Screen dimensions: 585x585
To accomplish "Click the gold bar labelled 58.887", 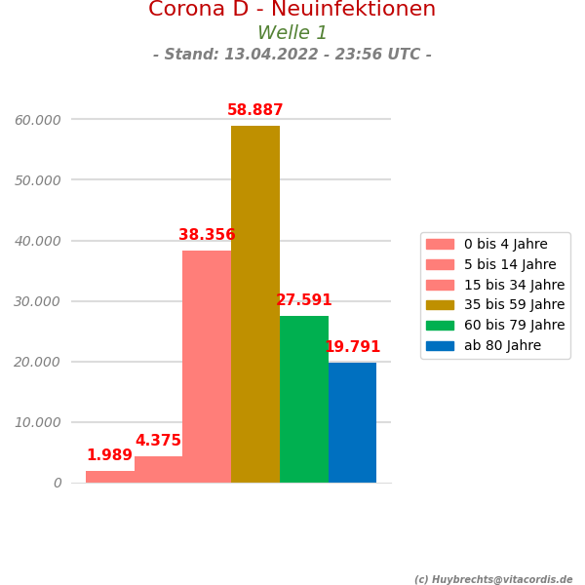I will pyautogui.click(x=255, y=304).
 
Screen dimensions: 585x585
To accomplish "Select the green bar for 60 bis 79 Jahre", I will pyautogui.click(x=304, y=399).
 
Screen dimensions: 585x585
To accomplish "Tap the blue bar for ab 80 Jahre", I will pyautogui.click(x=352, y=422).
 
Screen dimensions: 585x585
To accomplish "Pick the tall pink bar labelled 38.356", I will pyautogui.click(x=207, y=367).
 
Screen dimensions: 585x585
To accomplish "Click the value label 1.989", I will pyautogui.click(x=109, y=455).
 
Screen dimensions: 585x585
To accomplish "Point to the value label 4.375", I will pyautogui.click(x=158, y=441).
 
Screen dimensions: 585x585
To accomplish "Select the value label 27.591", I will pyautogui.click(x=304, y=300).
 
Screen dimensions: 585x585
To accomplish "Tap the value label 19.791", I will pyautogui.click(x=352, y=347).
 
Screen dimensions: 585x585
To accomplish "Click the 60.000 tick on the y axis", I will pyautogui.click(x=38, y=120).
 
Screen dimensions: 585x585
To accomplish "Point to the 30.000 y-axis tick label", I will pyautogui.click(x=38, y=301).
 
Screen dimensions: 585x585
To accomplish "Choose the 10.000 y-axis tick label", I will pyautogui.click(x=38, y=422).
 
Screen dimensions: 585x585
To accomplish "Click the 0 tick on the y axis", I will pyautogui.click(x=58, y=483).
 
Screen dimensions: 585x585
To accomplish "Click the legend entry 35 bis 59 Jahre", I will pyautogui.click(x=514, y=305).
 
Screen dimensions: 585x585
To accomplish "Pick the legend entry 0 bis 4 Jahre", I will pyautogui.click(x=505, y=244).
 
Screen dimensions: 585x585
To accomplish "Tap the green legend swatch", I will pyautogui.click(x=440, y=326).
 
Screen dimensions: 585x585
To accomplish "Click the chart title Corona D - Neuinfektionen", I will pyautogui.click(x=292, y=10).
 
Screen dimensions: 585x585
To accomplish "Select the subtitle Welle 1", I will pyautogui.click(x=292, y=33).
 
